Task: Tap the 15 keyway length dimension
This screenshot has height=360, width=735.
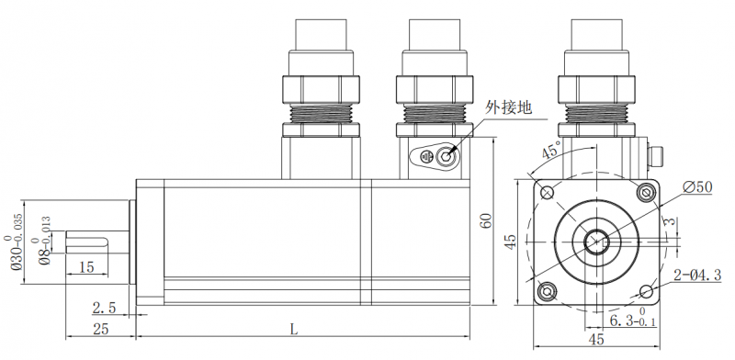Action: (85, 267)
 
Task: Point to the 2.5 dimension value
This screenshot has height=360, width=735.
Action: (105, 307)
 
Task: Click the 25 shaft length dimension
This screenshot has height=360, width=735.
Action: (101, 329)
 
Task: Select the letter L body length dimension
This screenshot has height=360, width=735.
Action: (293, 328)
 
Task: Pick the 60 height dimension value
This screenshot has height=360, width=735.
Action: (488, 221)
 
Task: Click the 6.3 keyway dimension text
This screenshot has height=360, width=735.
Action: (634, 321)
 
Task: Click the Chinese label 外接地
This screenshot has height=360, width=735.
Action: (508, 107)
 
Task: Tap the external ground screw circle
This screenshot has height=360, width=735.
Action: (447, 156)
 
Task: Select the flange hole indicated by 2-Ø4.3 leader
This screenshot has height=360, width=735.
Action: (646, 291)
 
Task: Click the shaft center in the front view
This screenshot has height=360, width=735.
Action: (597, 242)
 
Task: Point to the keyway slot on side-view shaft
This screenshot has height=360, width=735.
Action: (89, 242)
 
